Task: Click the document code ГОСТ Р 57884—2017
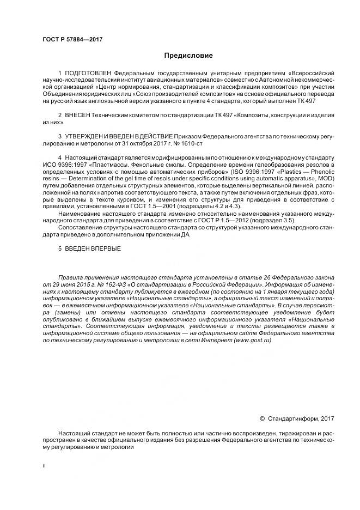click(72, 39)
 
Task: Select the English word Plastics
click(289, 165)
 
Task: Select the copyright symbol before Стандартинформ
click(263, 418)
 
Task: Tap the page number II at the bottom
click(44, 466)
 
